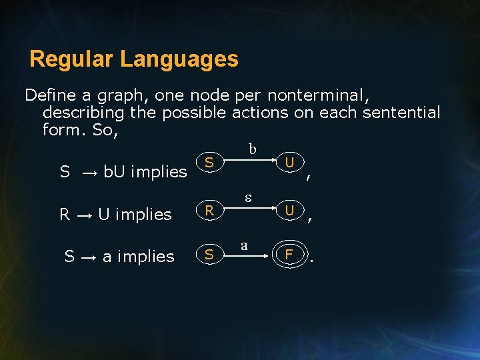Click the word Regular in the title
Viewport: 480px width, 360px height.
(x=72, y=59)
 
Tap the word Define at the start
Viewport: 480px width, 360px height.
(x=50, y=95)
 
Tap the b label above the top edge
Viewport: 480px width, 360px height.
(x=252, y=149)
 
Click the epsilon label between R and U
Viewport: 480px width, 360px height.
(x=246, y=198)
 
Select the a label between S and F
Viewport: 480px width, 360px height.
(x=244, y=245)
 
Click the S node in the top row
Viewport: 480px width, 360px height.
(x=209, y=163)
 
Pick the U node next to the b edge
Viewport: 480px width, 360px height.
(x=289, y=163)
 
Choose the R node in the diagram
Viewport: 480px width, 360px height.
(x=209, y=211)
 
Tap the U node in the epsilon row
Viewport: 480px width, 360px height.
(x=289, y=211)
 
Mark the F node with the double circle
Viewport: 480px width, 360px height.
(x=289, y=254)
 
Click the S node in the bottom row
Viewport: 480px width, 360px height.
(x=209, y=254)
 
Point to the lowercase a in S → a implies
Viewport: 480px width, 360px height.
(x=107, y=257)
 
